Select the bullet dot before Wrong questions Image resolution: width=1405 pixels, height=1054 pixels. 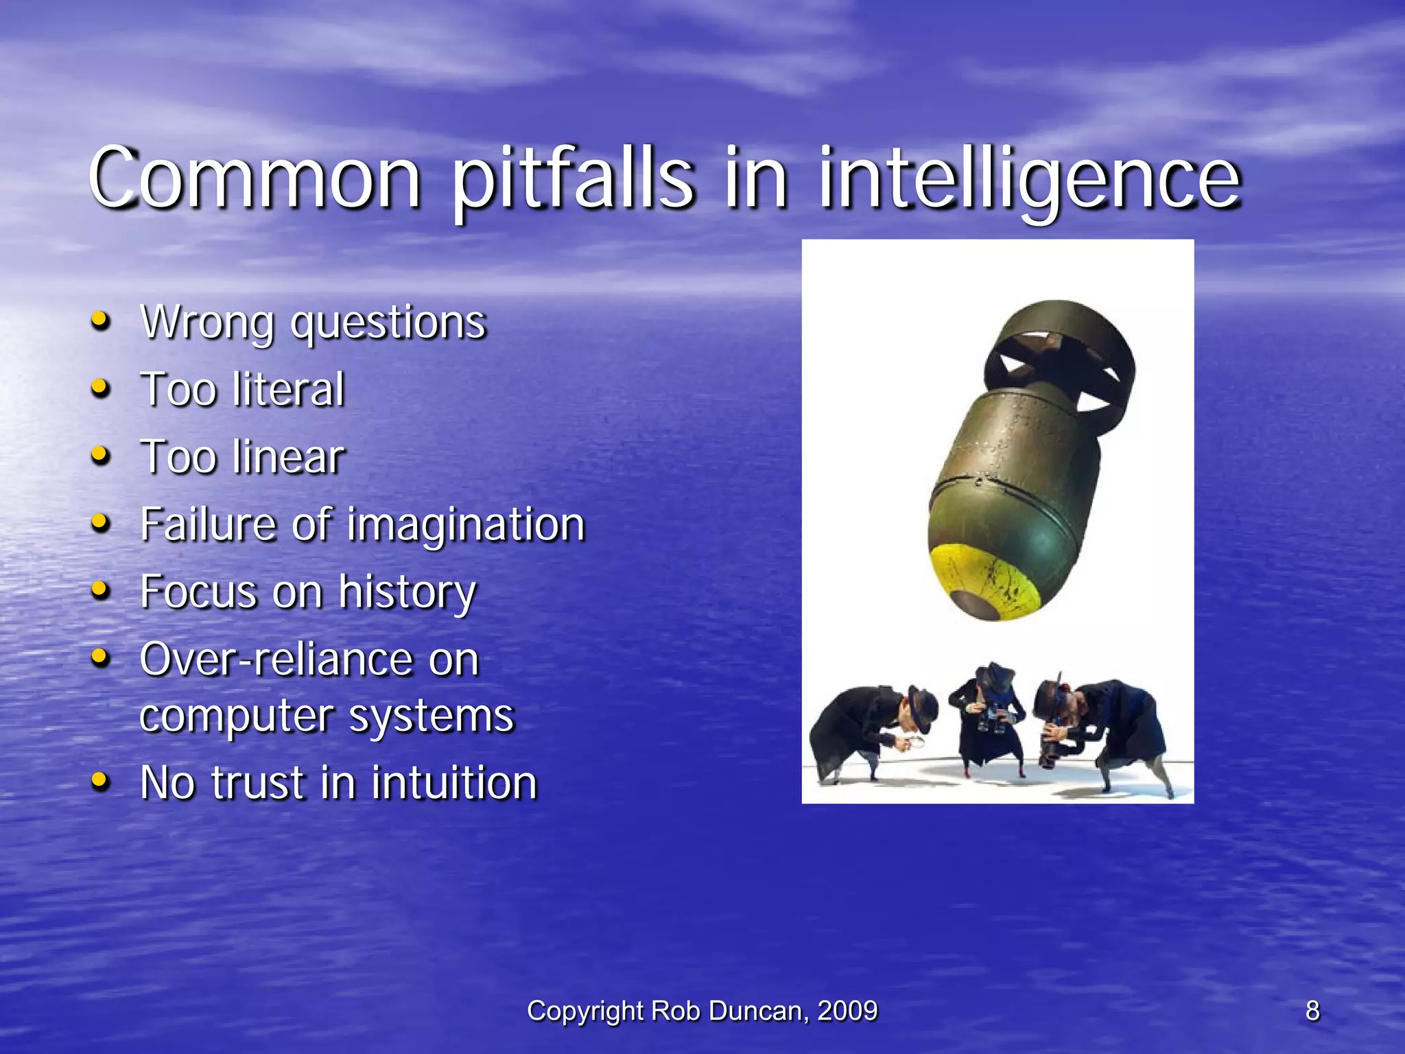click(100, 320)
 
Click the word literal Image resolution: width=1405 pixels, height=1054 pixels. click(288, 389)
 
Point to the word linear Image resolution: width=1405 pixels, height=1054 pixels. click(288, 456)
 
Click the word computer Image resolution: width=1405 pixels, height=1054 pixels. click(237, 716)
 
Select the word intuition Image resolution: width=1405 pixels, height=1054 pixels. click(453, 782)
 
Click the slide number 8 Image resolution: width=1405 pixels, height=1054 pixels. click(1312, 1011)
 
